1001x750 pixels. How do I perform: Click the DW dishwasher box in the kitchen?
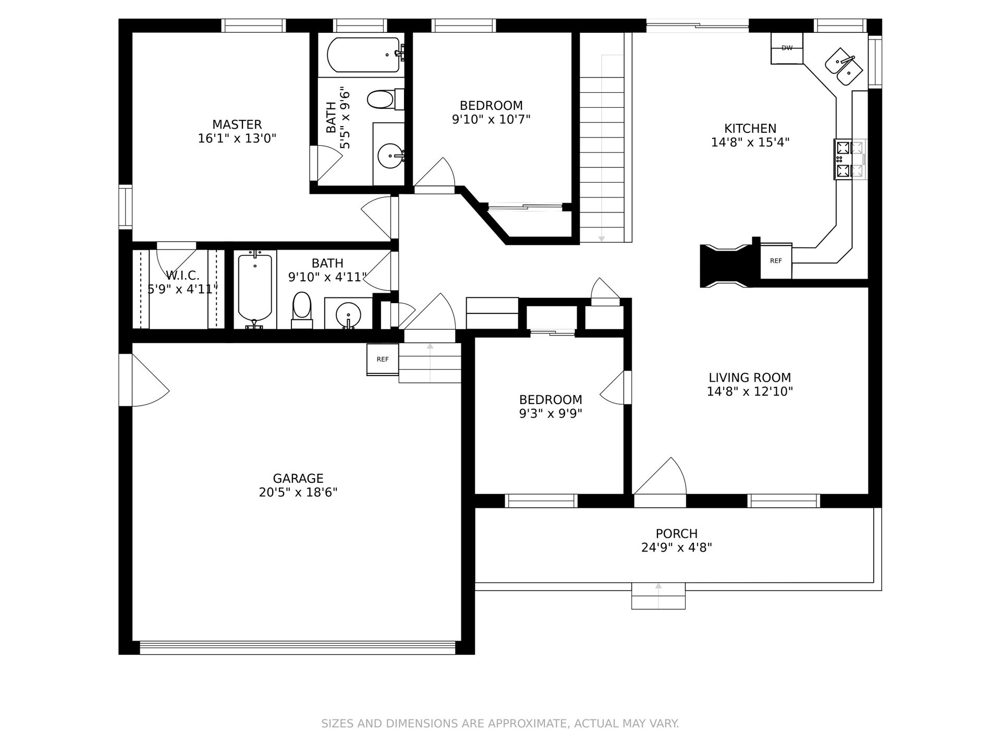click(787, 48)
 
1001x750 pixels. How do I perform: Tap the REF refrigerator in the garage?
click(383, 359)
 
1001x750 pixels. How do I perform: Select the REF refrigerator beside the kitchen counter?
click(776, 261)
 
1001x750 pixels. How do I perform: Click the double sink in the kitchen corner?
click(844, 67)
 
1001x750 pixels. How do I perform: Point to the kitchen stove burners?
click(843, 159)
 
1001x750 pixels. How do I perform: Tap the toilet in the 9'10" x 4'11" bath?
click(302, 310)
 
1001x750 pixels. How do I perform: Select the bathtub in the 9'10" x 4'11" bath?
click(255, 290)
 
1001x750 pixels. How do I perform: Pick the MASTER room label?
click(237, 124)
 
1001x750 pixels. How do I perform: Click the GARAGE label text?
click(298, 478)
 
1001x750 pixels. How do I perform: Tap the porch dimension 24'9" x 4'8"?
click(677, 547)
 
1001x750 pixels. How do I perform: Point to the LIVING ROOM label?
click(750, 378)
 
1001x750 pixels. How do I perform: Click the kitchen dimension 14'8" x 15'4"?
click(750, 142)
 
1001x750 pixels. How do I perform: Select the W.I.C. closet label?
click(182, 276)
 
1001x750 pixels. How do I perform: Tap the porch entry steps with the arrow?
click(658, 596)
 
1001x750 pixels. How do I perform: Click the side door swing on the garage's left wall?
click(150, 380)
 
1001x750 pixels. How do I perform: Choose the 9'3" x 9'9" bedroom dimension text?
click(551, 414)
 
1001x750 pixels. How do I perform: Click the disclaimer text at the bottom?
click(500, 723)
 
